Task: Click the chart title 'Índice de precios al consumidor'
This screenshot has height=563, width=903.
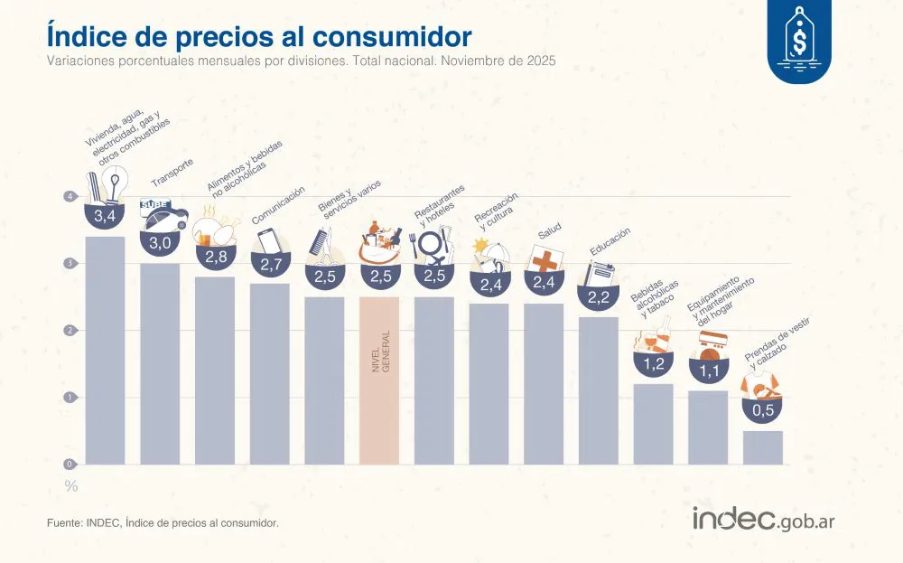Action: pyautogui.click(x=258, y=36)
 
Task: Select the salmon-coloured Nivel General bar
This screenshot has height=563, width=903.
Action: pyautogui.click(x=379, y=380)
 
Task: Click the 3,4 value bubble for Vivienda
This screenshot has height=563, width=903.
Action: pyautogui.click(x=105, y=215)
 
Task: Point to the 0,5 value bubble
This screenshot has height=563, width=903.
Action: pyautogui.click(x=763, y=411)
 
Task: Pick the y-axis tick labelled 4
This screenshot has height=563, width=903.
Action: pyautogui.click(x=70, y=197)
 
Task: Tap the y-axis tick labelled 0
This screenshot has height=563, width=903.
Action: pyautogui.click(x=70, y=464)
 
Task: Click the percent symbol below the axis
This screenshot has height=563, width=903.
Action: pyautogui.click(x=71, y=487)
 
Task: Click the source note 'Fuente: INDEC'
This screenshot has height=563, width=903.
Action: pyautogui.click(x=163, y=522)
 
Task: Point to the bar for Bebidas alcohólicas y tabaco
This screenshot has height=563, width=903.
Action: pyautogui.click(x=653, y=424)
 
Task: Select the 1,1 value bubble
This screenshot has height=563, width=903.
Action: pyautogui.click(x=708, y=370)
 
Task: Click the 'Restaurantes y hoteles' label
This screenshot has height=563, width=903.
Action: pyautogui.click(x=442, y=204)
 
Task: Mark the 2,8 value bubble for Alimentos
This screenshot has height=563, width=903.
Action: pyautogui.click(x=215, y=257)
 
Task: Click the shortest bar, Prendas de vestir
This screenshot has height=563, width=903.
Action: pyautogui.click(x=763, y=447)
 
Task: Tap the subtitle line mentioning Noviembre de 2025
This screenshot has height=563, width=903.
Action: pyautogui.click(x=301, y=61)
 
